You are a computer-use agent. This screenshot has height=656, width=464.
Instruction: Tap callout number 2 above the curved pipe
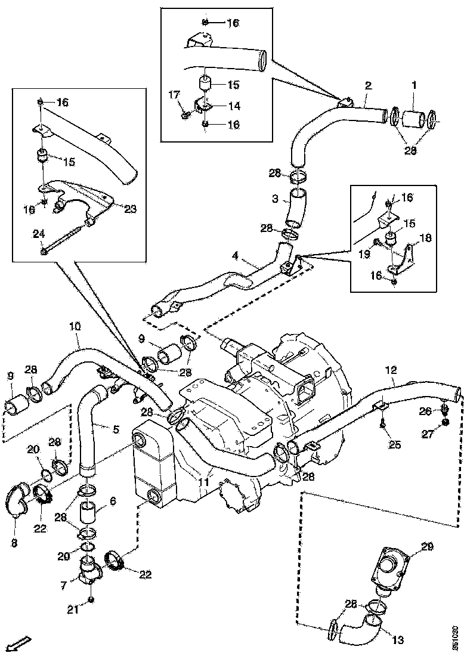tap(368, 86)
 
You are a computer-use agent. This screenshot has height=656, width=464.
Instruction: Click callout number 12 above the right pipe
tap(391, 370)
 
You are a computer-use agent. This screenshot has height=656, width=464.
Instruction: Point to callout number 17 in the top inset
tap(174, 94)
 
